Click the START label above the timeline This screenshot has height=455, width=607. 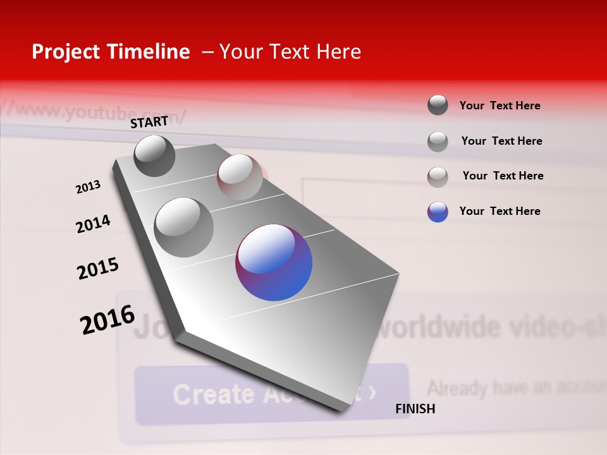tap(149, 121)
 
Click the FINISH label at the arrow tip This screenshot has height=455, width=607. tap(415, 409)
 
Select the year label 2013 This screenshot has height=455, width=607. tap(88, 187)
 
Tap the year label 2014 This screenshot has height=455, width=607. tap(93, 224)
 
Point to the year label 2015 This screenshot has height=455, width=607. tap(98, 269)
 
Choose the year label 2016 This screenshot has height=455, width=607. tap(107, 320)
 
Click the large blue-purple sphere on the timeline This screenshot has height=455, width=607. tap(274, 262)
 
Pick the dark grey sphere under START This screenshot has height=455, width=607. tap(154, 155)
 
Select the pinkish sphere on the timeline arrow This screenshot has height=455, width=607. tap(240, 177)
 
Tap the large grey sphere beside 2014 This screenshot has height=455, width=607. tap(184, 227)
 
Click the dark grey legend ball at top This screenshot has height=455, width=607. tap(438, 105)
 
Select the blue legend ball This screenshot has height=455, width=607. tap(438, 212)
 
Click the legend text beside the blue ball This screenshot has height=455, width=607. tap(500, 211)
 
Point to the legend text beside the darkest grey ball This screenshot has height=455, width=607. tap(500, 106)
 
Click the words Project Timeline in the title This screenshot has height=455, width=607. tap(111, 52)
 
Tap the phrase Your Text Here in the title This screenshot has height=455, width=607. tap(290, 52)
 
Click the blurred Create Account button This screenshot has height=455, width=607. tap(272, 394)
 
